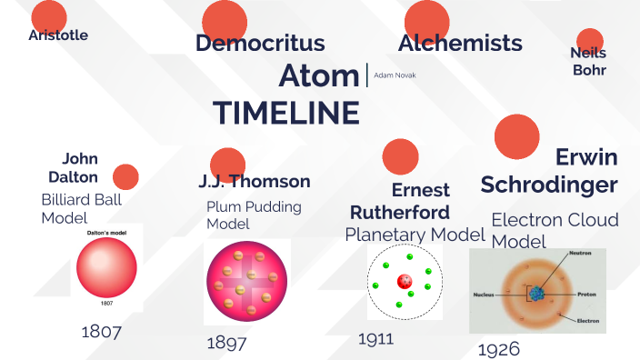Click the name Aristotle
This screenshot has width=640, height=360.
click(58, 35)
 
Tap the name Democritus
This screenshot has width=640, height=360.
click(260, 43)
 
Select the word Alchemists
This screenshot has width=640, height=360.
click(460, 43)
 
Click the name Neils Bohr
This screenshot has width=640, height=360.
click(588, 61)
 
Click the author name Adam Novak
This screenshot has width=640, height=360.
click(395, 75)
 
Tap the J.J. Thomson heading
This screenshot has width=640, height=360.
click(255, 181)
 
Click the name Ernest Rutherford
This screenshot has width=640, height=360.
click(401, 201)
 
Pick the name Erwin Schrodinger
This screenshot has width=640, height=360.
click(549, 171)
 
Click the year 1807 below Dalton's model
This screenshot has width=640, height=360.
click(101, 331)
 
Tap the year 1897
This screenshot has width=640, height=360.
click(226, 343)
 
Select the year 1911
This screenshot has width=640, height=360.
click(375, 339)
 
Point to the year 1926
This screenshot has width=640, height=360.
click(497, 350)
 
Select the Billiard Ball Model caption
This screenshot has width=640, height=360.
click(81, 208)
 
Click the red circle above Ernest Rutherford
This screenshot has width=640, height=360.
click(400, 156)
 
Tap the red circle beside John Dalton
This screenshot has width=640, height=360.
click(125, 176)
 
